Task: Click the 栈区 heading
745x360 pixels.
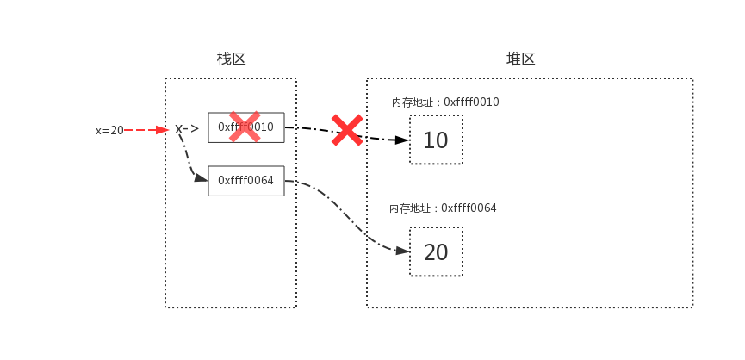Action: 231,59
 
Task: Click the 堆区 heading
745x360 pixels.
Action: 520,59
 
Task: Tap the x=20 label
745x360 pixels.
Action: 109,131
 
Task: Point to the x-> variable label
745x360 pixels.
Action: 187,129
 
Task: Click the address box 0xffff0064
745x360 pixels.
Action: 245,181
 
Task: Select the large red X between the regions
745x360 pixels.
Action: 347,130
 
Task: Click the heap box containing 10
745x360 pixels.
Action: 436,140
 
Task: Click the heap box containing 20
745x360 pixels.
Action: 436,251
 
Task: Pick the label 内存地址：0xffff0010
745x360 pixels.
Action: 444,102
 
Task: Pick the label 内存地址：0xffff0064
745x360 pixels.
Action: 443,208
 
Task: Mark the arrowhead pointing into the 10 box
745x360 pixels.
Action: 401,140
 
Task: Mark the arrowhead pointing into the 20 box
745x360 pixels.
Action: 401,251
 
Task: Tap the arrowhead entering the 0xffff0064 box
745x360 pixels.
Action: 201,177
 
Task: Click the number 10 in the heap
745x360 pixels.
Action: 436,140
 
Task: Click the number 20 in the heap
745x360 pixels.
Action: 436,252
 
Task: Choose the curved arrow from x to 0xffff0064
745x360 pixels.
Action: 187,159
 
